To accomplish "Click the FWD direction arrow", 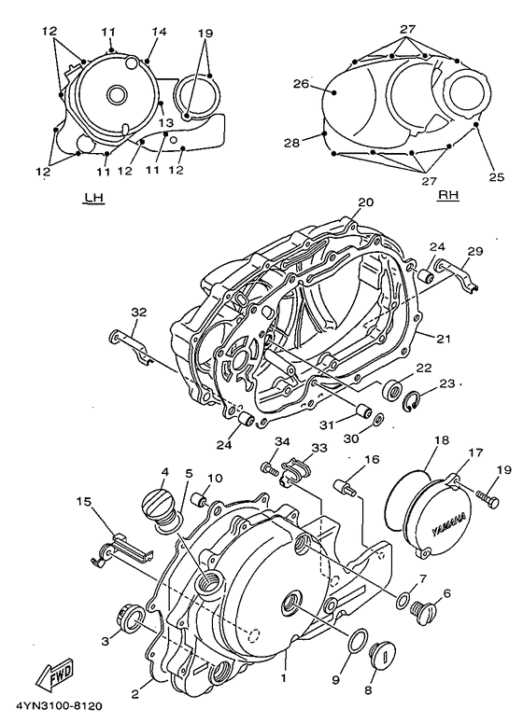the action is pos(55,674).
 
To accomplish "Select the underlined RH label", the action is pos(448,196).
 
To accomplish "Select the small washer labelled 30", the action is pos(378,419).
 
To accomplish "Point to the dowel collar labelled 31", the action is pos(362,410).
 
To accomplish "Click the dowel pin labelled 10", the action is pos(201,499).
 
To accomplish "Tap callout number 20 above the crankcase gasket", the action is pos(365,202).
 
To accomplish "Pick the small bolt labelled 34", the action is pos(268,469).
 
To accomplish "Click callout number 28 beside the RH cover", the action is pos(291,143).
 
